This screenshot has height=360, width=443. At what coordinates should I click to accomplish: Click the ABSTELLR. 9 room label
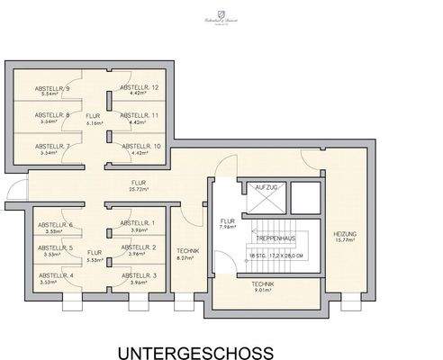click(53, 88)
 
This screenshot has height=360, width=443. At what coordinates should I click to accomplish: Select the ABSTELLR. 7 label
click(53, 146)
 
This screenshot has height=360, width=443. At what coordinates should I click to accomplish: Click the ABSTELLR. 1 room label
click(138, 223)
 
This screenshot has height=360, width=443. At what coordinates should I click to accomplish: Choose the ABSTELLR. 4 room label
click(53, 275)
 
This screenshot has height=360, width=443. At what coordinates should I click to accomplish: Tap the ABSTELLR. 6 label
click(53, 225)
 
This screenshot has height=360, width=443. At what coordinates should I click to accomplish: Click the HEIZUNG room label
click(344, 234)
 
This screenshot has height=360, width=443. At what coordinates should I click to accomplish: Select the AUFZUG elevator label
click(267, 186)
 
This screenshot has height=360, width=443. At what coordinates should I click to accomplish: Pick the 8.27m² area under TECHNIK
click(187, 258)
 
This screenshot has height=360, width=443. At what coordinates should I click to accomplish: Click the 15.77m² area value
click(344, 240)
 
